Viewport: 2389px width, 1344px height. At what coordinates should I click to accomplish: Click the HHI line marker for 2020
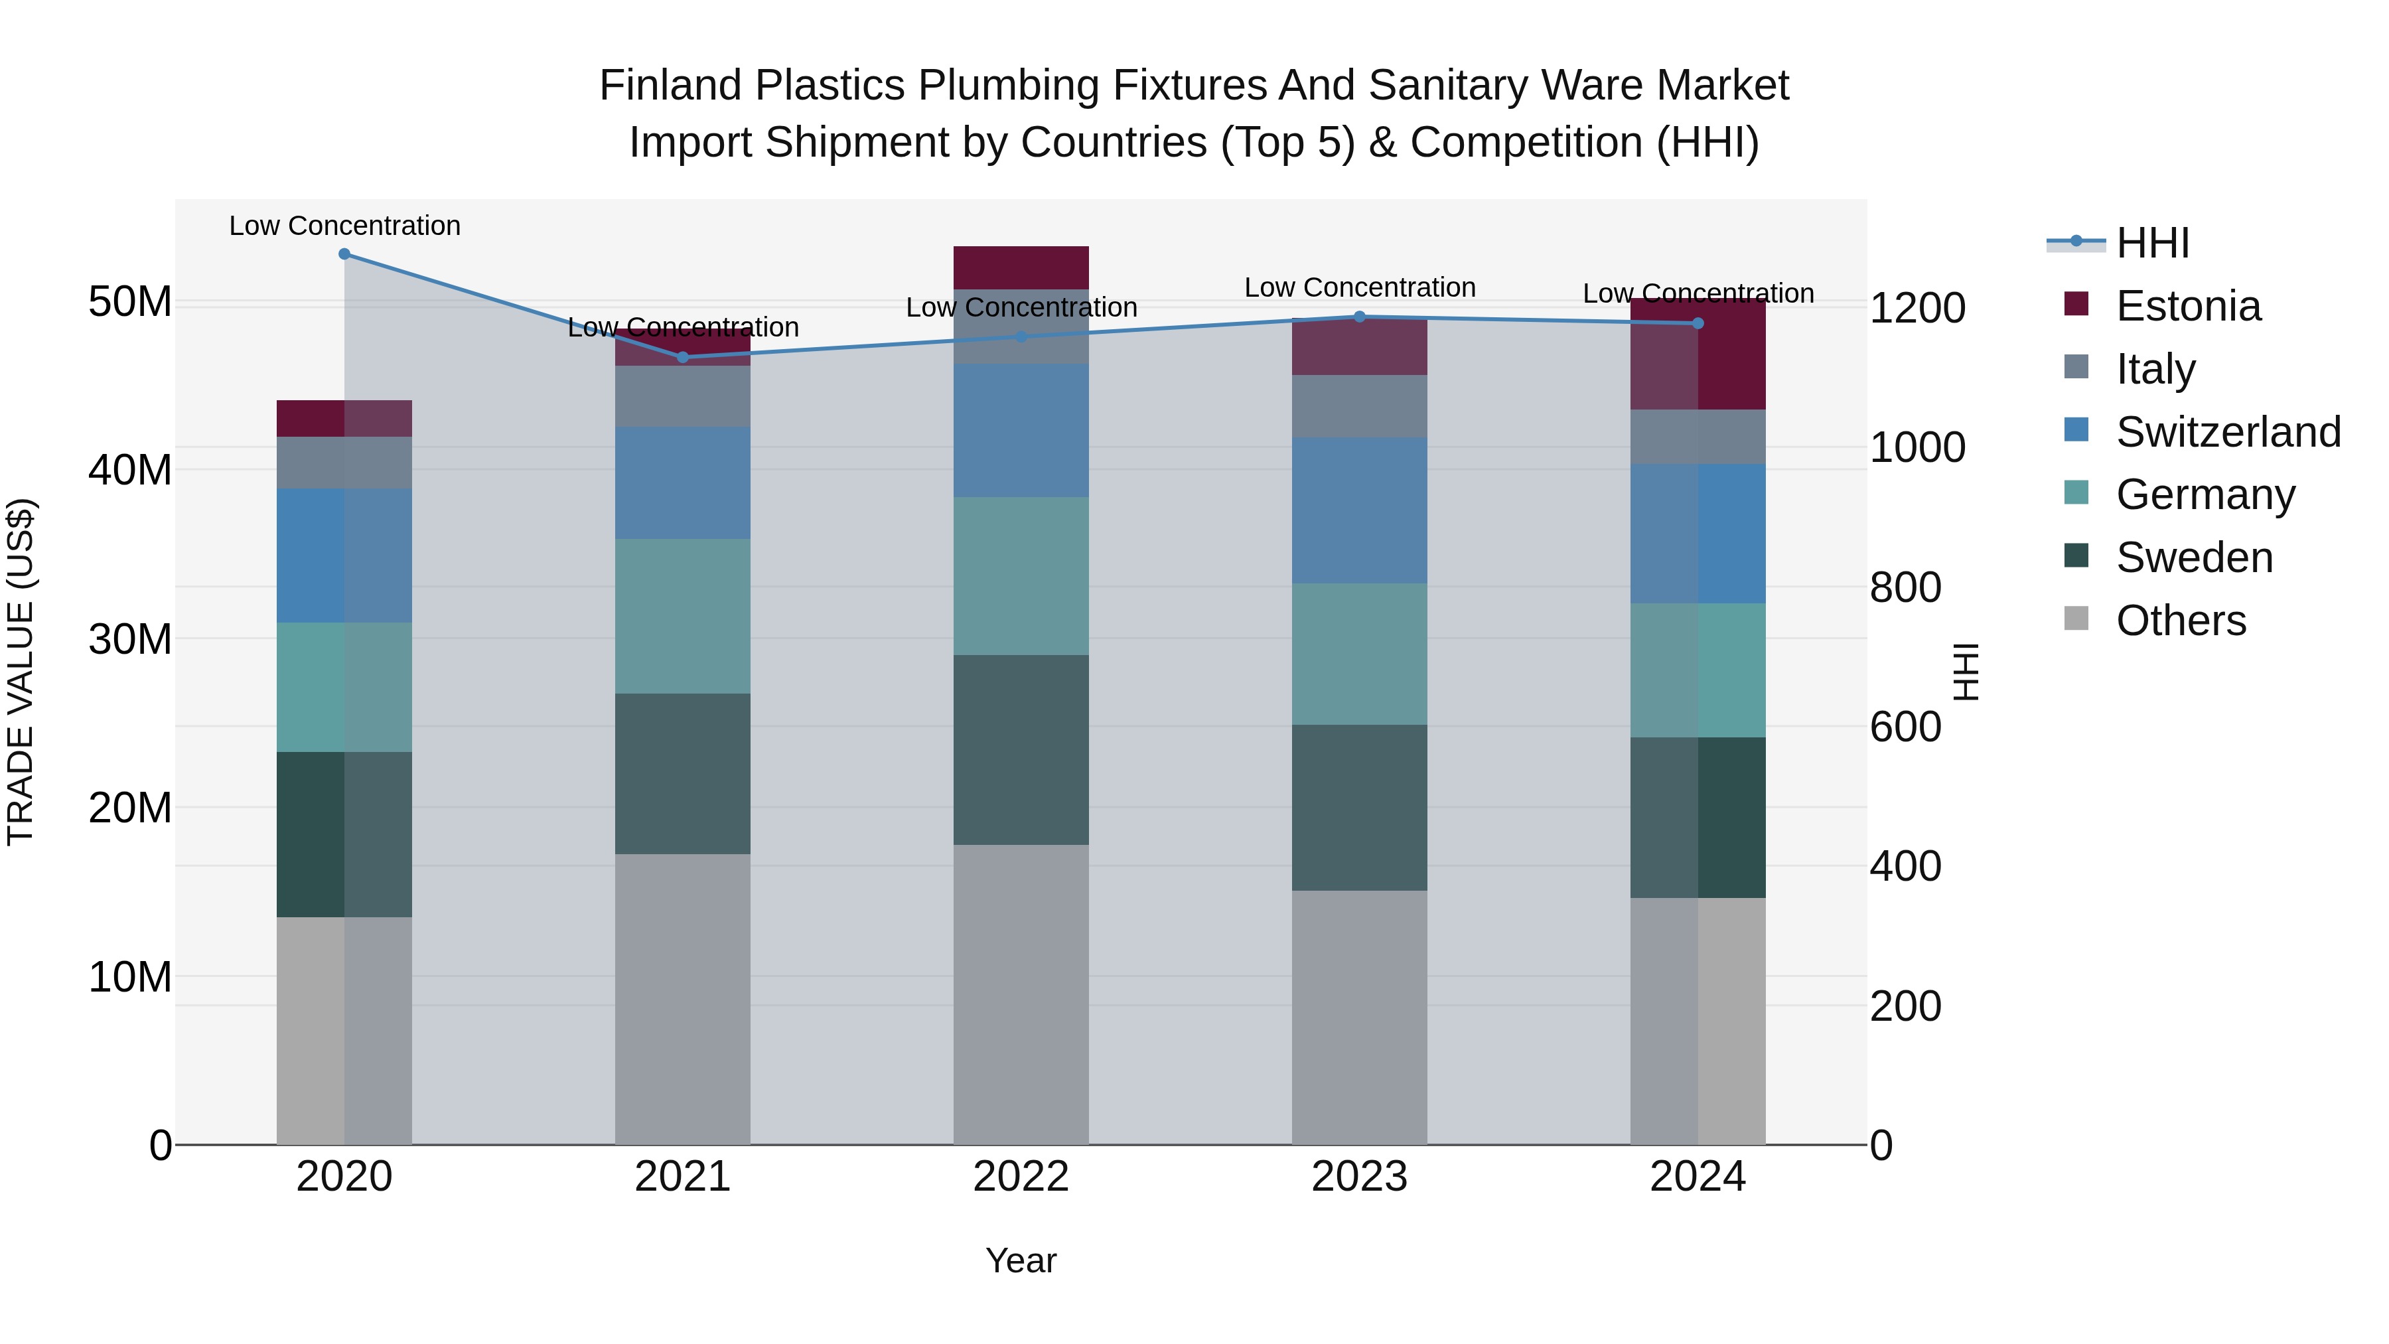pyautogui.click(x=344, y=254)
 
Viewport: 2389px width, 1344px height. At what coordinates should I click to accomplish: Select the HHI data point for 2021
pyautogui.click(x=683, y=357)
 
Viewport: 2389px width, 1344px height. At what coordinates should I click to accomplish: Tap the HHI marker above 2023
pyautogui.click(x=1360, y=317)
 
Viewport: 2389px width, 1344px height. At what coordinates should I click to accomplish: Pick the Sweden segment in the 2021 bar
pyautogui.click(x=683, y=774)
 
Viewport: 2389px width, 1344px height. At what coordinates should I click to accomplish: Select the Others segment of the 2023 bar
pyautogui.click(x=1360, y=1017)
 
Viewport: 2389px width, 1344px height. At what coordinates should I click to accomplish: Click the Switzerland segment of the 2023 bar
pyautogui.click(x=1360, y=510)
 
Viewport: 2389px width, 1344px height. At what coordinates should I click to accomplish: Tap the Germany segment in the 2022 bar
pyautogui.click(x=1021, y=576)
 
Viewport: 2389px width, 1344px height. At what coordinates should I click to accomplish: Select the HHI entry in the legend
pyautogui.click(x=2151, y=243)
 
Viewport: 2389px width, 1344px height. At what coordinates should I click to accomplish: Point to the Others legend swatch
pyautogui.click(x=2076, y=619)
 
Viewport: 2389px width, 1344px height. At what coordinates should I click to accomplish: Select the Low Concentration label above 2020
pyautogui.click(x=344, y=226)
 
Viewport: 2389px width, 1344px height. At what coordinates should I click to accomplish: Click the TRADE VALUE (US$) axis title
pyautogui.click(x=21, y=672)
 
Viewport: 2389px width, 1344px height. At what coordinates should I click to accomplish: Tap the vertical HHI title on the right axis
pyautogui.click(x=1965, y=672)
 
